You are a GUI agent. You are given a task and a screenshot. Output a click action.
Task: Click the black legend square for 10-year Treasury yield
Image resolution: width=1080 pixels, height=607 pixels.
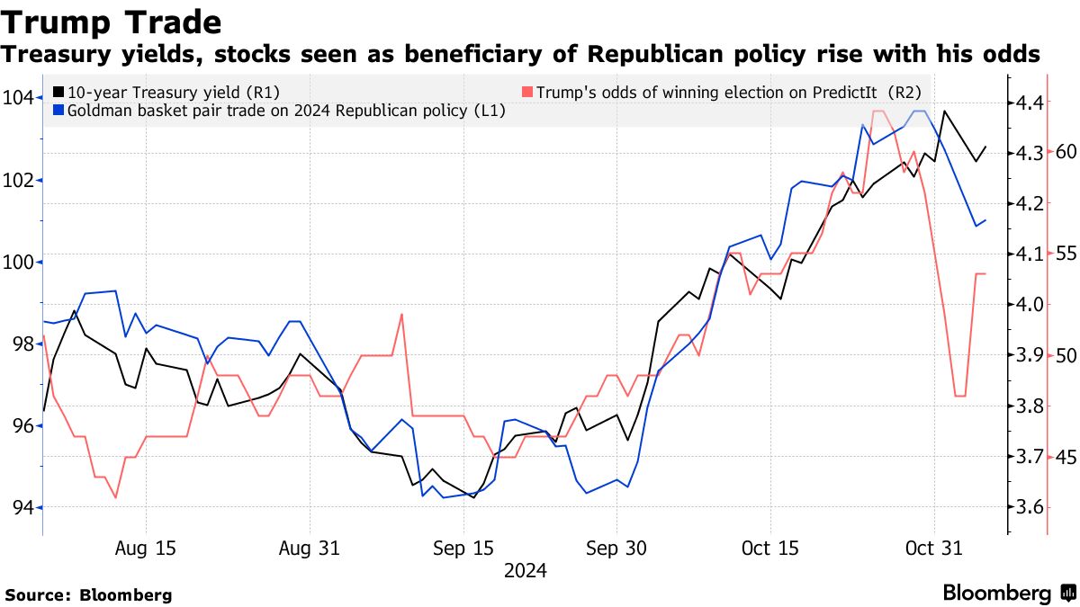point(59,92)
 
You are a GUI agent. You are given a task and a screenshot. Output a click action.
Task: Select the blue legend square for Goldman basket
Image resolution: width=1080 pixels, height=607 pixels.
point(59,111)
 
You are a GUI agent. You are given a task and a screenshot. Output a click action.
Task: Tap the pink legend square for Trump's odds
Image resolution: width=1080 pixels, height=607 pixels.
point(527,92)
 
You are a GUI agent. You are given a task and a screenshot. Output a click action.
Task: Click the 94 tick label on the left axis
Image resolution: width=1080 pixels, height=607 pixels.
point(22,508)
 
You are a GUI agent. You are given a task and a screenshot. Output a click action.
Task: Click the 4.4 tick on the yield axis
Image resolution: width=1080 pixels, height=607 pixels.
point(1026,103)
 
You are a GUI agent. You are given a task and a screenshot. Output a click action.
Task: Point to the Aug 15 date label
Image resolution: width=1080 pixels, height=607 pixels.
point(146,549)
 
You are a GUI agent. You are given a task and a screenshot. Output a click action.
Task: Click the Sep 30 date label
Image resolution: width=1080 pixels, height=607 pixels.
point(616,549)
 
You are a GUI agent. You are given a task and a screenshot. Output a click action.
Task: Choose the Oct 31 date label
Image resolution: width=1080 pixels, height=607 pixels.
point(935,549)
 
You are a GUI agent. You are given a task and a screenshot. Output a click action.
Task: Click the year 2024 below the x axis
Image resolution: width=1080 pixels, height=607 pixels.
point(526,570)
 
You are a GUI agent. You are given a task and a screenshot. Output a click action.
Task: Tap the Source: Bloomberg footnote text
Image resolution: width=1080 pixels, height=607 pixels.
point(88,594)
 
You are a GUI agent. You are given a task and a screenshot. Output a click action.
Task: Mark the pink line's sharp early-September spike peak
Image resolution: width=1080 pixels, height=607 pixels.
point(401,314)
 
